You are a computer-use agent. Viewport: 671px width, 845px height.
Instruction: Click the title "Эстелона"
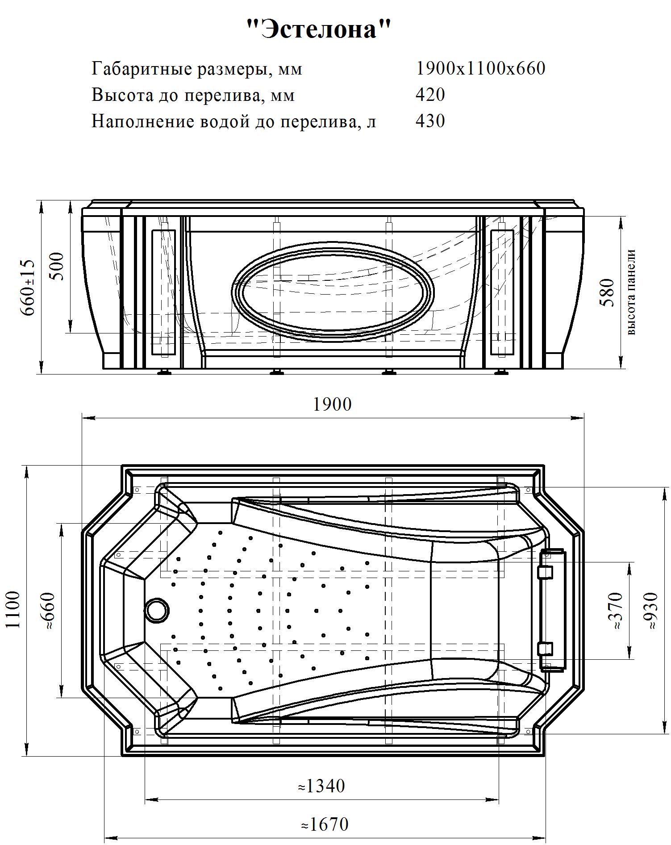pos(319,30)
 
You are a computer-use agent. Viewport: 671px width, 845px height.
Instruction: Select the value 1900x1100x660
pos(480,68)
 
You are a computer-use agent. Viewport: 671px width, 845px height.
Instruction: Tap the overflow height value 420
pos(430,95)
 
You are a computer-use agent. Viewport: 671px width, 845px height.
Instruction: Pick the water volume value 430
pos(430,121)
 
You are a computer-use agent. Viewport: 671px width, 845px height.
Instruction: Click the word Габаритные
pos(142,69)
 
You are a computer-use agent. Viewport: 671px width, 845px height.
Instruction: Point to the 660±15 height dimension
pos(28,287)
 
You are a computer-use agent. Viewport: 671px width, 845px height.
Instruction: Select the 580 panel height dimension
pos(607,292)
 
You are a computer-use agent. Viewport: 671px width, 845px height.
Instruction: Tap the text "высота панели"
pos(631,292)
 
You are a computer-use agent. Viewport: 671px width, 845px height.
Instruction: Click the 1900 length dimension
pos(332,404)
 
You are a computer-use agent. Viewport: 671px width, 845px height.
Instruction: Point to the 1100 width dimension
pos(13,609)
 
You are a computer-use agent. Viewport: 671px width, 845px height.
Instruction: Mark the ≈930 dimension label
pos(650,611)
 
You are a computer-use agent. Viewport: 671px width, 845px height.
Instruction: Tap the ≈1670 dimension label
pos(325,824)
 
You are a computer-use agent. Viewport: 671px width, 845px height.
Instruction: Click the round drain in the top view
pos(157,609)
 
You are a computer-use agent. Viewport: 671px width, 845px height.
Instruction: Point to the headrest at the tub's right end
pos(552,610)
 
